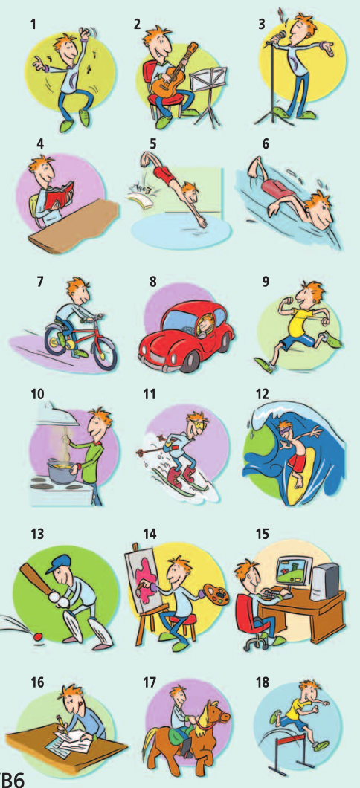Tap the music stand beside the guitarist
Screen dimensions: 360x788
[x=210, y=95]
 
